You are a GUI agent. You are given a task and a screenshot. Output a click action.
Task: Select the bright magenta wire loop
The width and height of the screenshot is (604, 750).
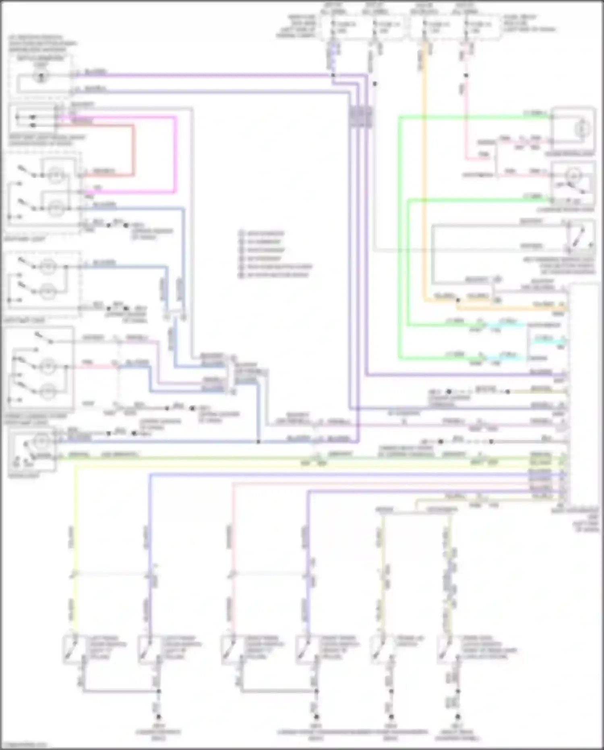(x=176, y=153)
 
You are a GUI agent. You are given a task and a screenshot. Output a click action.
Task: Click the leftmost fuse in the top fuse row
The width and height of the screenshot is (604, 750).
(x=333, y=25)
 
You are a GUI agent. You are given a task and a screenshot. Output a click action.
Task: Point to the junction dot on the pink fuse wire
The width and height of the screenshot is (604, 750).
(x=466, y=75)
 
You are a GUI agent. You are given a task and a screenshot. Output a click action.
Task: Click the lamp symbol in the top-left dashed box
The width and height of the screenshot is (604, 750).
(x=40, y=76)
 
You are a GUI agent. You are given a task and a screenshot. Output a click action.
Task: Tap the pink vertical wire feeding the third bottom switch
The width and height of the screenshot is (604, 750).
(x=232, y=544)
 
